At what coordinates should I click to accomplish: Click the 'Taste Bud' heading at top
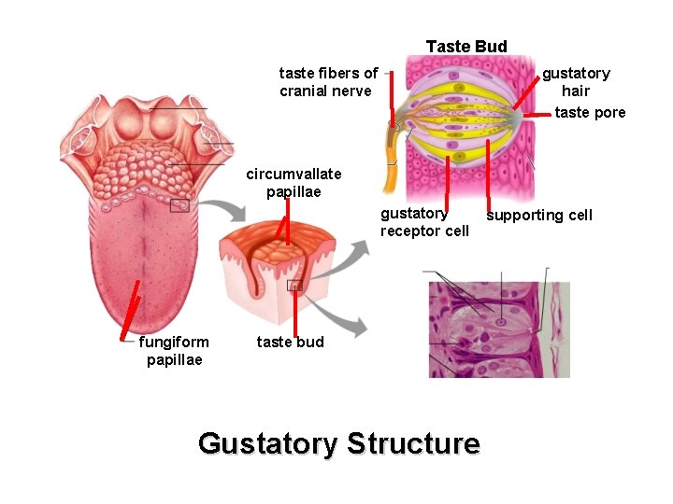coord(466,47)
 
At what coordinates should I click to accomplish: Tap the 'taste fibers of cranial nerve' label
coord(328,82)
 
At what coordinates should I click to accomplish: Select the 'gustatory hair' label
coord(576,82)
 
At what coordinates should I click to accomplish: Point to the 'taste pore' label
coord(590,113)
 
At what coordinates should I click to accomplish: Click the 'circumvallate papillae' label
coord(294,183)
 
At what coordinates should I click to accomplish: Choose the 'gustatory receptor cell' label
coord(424,222)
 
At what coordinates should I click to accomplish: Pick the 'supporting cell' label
coord(539,216)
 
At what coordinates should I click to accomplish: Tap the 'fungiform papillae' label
coord(174,351)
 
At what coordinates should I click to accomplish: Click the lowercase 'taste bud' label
coord(290,342)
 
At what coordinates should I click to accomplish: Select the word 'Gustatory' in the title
coord(266,442)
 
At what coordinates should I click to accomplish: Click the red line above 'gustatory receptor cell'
coord(448,182)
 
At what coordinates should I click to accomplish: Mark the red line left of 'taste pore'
coord(537,114)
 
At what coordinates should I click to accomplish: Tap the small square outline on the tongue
coord(179,205)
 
